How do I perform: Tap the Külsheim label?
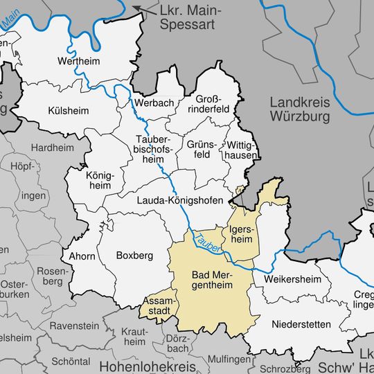pos(69,110)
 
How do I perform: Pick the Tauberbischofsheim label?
pos(154,149)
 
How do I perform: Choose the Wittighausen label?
pos(241,150)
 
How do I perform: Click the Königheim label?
pos(98,180)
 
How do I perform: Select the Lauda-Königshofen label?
pos(180,200)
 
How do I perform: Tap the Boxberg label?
pos(133,255)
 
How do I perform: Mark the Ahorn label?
pos(82,256)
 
